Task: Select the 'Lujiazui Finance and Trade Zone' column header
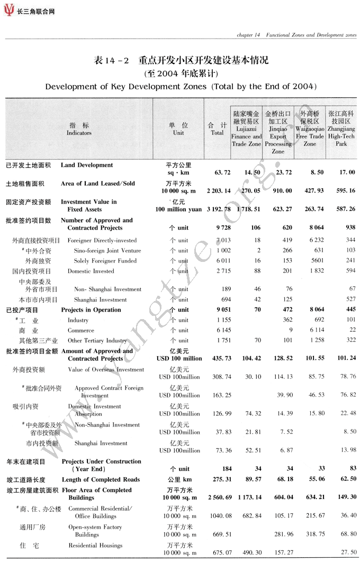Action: click(246, 129)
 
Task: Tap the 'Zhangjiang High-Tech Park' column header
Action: click(341, 129)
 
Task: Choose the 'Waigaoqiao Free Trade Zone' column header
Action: click(310, 129)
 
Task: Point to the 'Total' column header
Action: click(217, 129)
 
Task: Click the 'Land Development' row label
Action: click(87, 165)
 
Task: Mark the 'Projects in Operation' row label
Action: click(91, 310)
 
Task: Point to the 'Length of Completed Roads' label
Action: click(101, 479)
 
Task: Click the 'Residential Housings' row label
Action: click(95, 546)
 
